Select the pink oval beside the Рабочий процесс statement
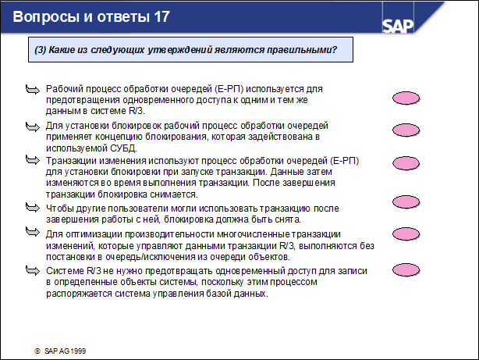pyautogui.click(x=405, y=98)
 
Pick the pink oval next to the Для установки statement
pyautogui.click(x=405, y=135)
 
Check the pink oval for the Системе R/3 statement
pyautogui.click(x=405, y=270)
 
